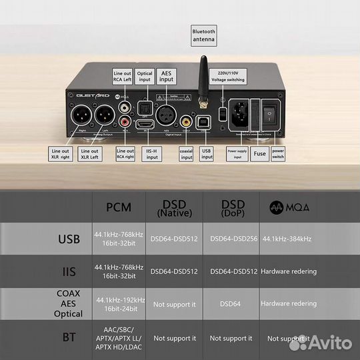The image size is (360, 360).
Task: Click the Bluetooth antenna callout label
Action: coord(203,35)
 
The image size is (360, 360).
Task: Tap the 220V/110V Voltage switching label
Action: coord(227,75)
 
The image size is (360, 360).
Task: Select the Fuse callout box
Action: coord(260,154)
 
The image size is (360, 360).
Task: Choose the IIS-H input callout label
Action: coord(151,155)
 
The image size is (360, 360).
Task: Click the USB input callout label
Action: coord(207,155)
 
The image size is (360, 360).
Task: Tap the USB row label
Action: coord(68,239)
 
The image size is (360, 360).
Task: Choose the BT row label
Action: coord(69,338)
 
